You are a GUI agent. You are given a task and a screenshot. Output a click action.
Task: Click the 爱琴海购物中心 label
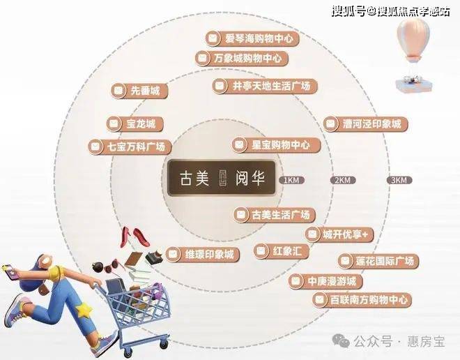(x=252, y=38)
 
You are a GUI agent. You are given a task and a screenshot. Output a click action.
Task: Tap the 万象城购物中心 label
(x=242, y=58)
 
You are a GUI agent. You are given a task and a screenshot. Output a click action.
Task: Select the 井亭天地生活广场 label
(x=265, y=86)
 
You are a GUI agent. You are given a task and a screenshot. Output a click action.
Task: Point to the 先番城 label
(x=139, y=91)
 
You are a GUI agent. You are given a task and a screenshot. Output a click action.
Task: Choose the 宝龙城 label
(x=135, y=123)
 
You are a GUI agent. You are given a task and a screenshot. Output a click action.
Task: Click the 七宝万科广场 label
(x=130, y=147)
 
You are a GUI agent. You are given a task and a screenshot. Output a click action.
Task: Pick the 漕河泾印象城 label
(x=366, y=123)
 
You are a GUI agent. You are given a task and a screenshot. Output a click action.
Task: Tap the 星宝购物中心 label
(x=276, y=144)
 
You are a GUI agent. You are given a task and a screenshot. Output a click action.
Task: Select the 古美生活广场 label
(x=275, y=215)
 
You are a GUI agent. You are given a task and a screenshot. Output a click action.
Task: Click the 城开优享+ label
(x=339, y=234)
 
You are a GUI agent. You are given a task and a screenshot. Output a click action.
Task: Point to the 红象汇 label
(x=282, y=251)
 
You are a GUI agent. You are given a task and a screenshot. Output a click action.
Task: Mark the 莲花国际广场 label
(x=378, y=261)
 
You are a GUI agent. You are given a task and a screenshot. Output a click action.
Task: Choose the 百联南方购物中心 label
(x=362, y=300)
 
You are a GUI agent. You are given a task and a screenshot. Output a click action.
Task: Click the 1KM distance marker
(x=291, y=180)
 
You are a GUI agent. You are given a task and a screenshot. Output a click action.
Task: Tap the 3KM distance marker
(x=399, y=180)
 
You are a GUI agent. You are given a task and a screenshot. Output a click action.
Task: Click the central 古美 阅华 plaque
(x=222, y=178)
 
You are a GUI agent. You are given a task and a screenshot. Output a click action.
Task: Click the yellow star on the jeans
(x=84, y=310)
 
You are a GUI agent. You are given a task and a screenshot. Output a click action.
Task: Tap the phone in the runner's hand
(x=10, y=272)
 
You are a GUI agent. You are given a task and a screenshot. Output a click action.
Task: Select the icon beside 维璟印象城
(x=174, y=254)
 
